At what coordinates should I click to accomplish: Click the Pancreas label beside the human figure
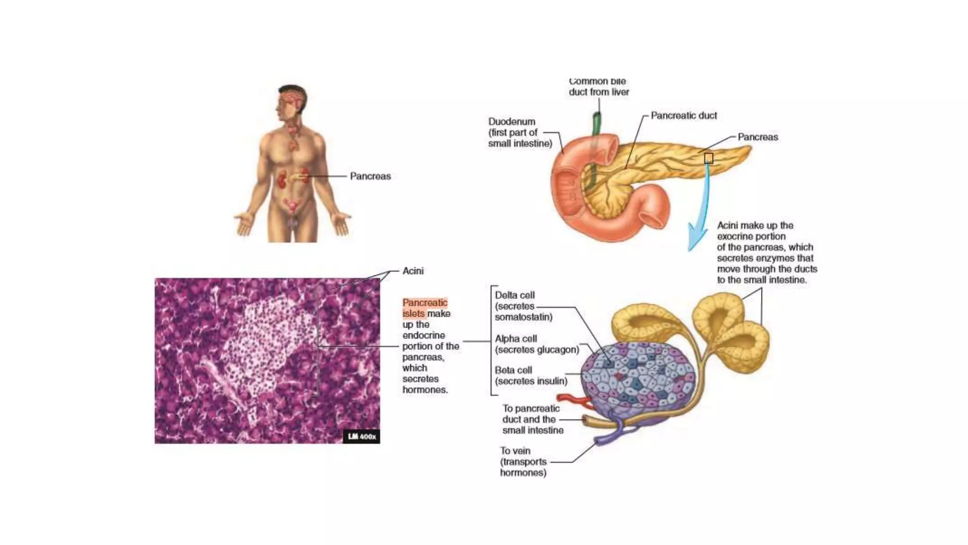click(x=370, y=176)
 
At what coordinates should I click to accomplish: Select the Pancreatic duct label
click(x=683, y=115)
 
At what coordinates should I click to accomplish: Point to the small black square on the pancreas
click(x=709, y=158)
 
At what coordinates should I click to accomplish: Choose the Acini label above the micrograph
click(x=413, y=271)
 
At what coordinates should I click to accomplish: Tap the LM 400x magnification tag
click(x=362, y=437)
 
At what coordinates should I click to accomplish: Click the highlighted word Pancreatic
click(x=424, y=303)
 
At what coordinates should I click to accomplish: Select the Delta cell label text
click(x=515, y=295)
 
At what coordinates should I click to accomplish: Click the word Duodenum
click(x=511, y=122)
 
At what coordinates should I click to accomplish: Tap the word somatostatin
click(x=524, y=317)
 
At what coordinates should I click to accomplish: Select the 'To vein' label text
click(x=515, y=451)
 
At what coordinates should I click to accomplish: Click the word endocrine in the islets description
click(x=423, y=335)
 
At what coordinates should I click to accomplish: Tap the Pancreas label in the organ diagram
click(x=758, y=137)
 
